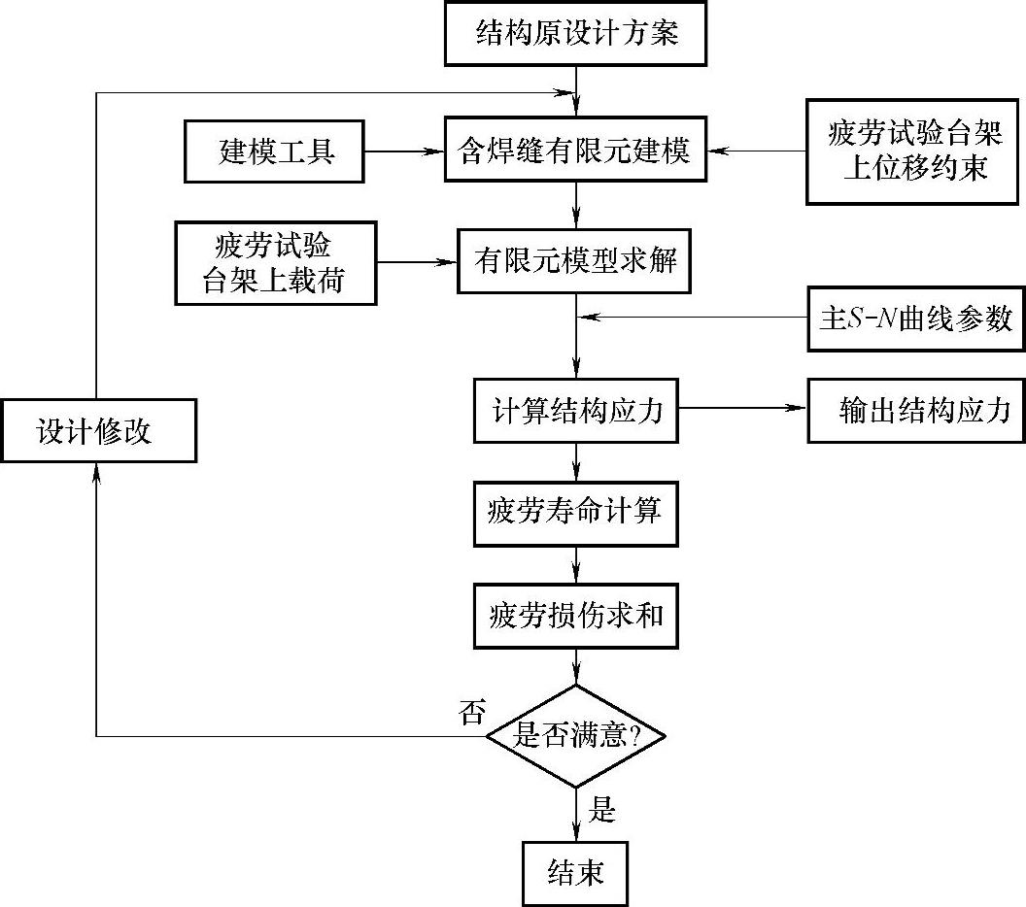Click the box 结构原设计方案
coord(575,33)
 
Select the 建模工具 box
coord(274,151)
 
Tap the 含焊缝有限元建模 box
coord(575,150)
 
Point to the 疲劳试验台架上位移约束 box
coord(912,151)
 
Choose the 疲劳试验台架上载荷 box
coord(276,263)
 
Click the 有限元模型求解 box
coord(574,261)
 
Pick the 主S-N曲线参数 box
coord(916,319)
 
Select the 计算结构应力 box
coord(576,411)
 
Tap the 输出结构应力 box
coord(916,411)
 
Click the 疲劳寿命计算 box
coord(576,514)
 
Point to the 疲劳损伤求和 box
coord(576,616)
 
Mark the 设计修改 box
coord(98,431)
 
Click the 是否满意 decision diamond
coord(576,736)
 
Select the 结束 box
coord(575,874)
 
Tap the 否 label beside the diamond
coord(472,712)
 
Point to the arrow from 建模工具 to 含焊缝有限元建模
coord(404,151)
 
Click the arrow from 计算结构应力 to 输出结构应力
coord(742,408)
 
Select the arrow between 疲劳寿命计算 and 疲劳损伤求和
coord(576,565)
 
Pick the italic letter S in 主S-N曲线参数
coord(855,319)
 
